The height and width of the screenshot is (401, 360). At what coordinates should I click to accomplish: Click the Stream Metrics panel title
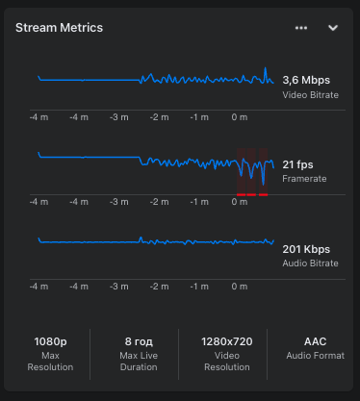60,28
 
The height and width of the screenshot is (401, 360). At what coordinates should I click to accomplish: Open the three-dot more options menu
301,28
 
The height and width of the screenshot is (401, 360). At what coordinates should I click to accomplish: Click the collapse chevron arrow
333,28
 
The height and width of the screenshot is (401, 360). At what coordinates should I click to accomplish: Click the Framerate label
304,179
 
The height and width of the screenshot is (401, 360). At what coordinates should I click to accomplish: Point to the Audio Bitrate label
311,263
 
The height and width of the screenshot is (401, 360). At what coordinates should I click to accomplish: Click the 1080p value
49,340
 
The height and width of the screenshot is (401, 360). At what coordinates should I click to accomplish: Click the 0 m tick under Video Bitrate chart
238,117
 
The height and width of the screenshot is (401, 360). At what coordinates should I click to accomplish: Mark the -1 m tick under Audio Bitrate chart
198,286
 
